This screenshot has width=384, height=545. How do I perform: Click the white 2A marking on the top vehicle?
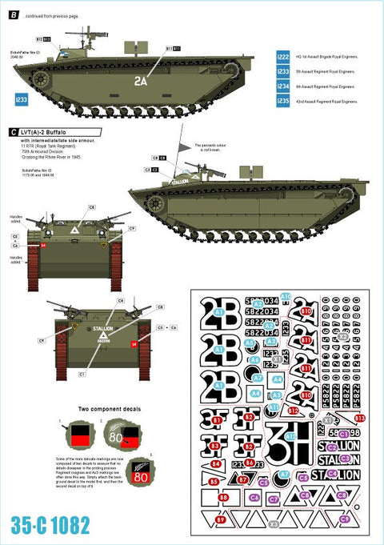(x=141, y=80)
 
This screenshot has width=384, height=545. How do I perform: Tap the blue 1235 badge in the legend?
(x=283, y=102)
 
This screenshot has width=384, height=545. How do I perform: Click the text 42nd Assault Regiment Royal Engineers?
(x=326, y=102)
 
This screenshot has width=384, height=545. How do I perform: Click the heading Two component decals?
(x=110, y=409)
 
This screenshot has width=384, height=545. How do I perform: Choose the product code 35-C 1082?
(x=50, y=525)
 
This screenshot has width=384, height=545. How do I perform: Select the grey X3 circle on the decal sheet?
(x=274, y=524)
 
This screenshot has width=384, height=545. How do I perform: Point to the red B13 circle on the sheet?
(x=359, y=418)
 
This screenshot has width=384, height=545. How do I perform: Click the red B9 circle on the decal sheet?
(x=221, y=520)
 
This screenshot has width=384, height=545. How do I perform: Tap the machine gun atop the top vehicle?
(x=86, y=34)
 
